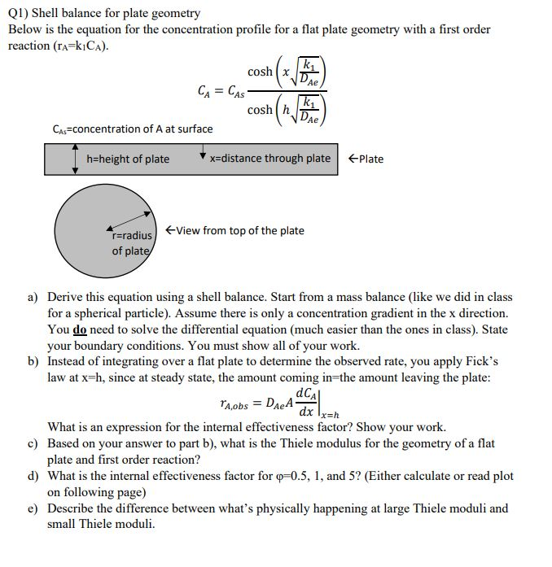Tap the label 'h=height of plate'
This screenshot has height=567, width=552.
tap(128, 159)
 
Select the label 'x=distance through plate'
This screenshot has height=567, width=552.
tap(270, 159)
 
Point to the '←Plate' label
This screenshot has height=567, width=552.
tap(365, 159)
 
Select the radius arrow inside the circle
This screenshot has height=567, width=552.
tap(130, 220)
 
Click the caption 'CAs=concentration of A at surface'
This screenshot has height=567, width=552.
tap(132, 129)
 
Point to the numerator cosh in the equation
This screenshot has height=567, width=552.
tap(261, 72)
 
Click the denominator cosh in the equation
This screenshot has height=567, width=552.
tap(261, 110)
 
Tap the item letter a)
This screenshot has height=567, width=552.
tap(33, 298)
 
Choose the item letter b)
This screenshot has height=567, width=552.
tap(33, 360)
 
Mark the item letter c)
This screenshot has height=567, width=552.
tap(33, 444)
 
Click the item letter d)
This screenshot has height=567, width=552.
tap(33, 476)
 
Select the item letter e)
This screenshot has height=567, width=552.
tap(33, 508)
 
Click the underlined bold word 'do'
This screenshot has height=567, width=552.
tap(80, 329)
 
